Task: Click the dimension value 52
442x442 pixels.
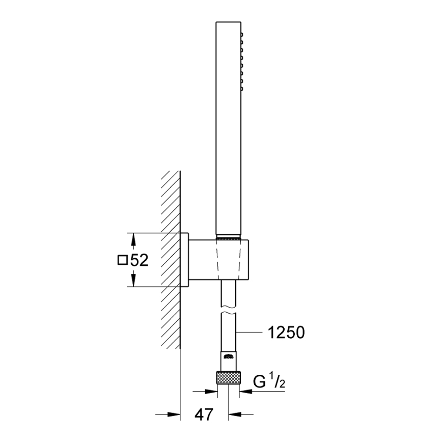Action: pyautogui.click(x=139, y=261)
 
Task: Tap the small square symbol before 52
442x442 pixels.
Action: pyautogui.click(x=123, y=261)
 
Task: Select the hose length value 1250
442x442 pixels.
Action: pyautogui.click(x=286, y=333)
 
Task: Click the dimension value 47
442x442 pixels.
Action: pyautogui.click(x=205, y=414)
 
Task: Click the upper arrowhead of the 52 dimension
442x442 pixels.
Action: pyautogui.click(x=133, y=239)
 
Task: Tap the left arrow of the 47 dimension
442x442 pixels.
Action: pyautogui.click(x=174, y=414)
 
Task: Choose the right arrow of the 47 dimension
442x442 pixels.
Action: pyautogui.click(x=235, y=414)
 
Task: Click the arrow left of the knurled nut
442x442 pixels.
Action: pyautogui.click(x=209, y=392)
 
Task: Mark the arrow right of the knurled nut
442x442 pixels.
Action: pyautogui.click(x=246, y=392)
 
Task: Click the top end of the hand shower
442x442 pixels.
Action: pyautogui.click(x=228, y=23)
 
